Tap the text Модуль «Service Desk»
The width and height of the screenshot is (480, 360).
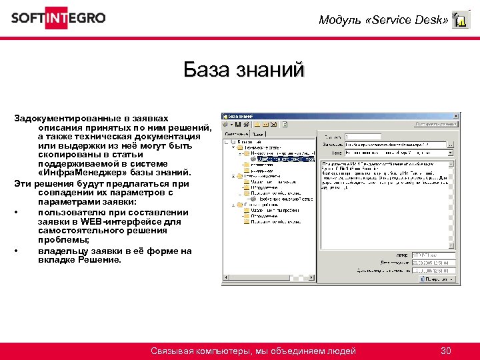383,20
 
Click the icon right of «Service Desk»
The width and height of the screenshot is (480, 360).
461,20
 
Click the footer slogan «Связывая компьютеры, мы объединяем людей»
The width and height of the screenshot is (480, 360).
253,351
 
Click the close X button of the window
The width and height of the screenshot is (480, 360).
455,115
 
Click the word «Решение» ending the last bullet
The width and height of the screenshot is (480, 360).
100,260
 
